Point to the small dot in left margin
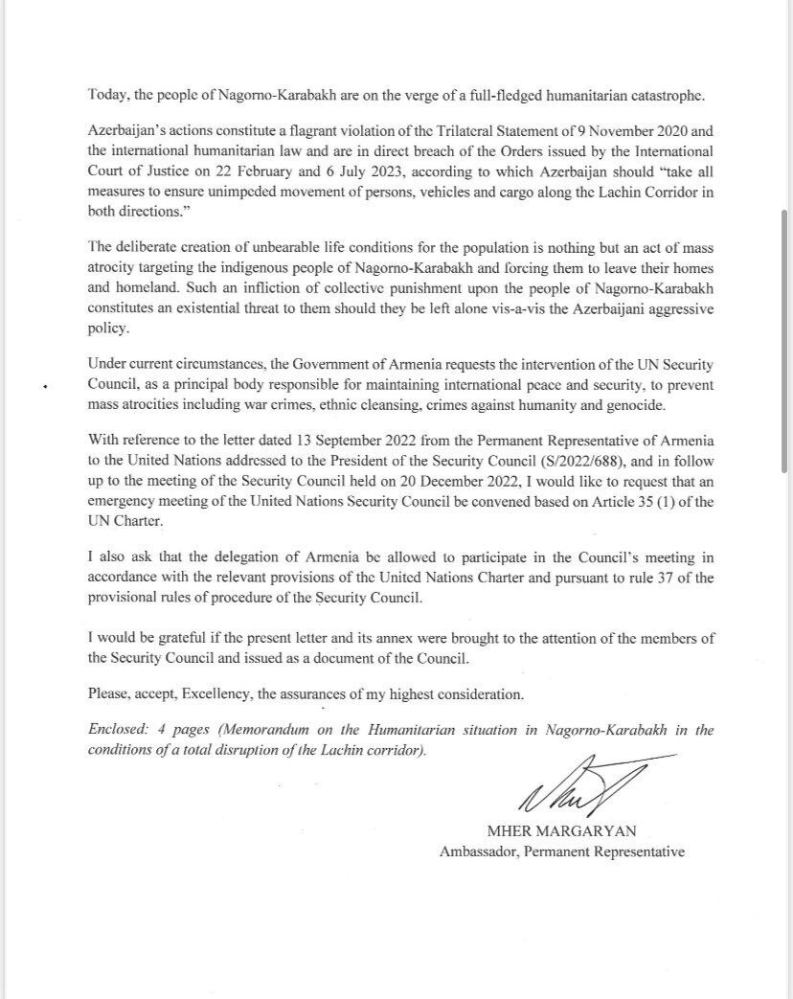[44, 387]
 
